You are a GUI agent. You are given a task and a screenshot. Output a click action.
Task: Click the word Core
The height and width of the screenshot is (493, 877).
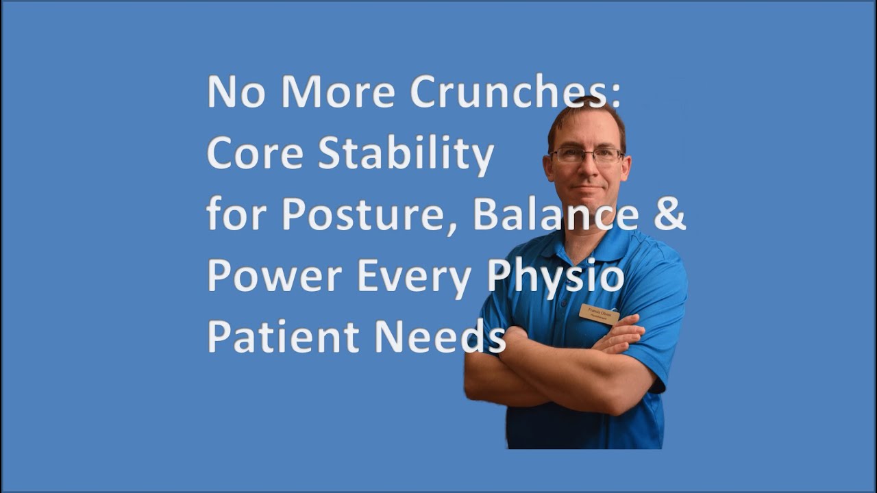[x=254, y=155]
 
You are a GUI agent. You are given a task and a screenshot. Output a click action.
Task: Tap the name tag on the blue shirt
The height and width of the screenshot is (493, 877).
[x=599, y=314]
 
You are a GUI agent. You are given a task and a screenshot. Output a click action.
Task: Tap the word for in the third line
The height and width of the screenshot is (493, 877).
[x=235, y=216]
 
